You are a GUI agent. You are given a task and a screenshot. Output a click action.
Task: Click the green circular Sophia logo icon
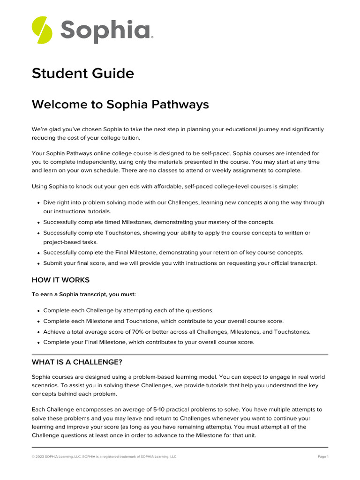coord(42,30)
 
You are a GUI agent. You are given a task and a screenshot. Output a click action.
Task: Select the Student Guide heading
coord(82,74)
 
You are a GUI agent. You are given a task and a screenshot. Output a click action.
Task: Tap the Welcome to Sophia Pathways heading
coord(120,105)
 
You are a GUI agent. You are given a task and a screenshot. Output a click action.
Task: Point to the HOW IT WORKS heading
coord(60,280)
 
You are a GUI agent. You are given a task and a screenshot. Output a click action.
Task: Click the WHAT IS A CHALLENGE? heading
coord(76,362)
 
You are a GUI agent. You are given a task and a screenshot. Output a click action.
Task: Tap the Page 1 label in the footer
coord(323,457)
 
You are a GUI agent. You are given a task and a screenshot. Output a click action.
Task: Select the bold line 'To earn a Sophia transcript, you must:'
coord(83,294)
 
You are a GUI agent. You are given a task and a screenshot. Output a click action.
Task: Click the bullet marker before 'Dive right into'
coord(38,203)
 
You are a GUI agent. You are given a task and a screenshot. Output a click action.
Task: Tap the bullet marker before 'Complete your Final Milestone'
coord(38,343)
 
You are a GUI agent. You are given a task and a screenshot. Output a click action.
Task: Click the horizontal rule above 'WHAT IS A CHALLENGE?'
coord(180,355)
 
